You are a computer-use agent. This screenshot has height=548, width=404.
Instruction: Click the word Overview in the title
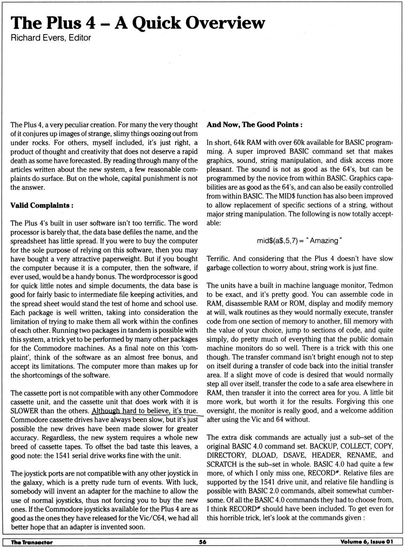coord(225,23)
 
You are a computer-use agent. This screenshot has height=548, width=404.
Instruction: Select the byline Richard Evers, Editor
coord(50,38)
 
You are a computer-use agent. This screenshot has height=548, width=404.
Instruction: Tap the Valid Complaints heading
coord(42,205)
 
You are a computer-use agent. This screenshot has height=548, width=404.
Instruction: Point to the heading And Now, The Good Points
coord(254,125)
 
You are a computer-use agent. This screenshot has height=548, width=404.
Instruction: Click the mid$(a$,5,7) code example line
coord(299,241)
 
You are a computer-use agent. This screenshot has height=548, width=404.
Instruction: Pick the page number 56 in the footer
coord(202,542)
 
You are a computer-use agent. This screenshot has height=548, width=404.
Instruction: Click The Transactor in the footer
coord(32,542)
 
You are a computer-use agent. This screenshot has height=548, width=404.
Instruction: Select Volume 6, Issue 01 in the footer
coord(366,542)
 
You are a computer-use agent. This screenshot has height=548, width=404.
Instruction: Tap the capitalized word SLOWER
coord(24,411)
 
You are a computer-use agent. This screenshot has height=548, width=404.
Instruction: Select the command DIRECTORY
coord(226,455)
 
